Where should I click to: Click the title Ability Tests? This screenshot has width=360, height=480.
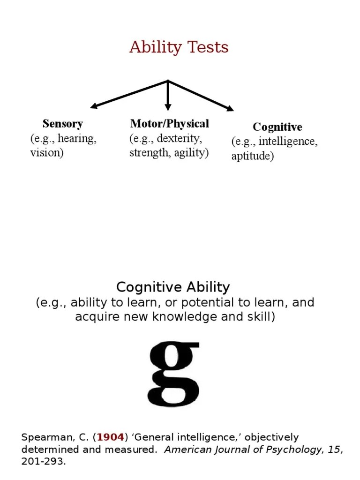[x=179, y=47]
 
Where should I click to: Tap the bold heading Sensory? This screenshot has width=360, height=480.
[x=62, y=124]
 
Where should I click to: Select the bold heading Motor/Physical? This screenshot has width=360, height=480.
[x=169, y=124]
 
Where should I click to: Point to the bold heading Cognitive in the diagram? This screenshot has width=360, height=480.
[x=277, y=127]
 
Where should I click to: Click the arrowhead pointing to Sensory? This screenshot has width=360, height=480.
[x=94, y=106]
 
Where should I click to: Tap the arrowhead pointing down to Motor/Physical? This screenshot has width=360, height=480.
[x=168, y=107]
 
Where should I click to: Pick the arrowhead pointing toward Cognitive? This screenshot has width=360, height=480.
[x=230, y=109]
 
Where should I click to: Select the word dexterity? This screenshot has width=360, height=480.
[x=179, y=139]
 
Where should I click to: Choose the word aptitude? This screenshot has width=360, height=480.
[x=252, y=156]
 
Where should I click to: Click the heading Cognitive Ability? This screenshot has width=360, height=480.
[x=173, y=287]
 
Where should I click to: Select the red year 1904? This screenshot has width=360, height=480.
[x=111, y=437]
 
